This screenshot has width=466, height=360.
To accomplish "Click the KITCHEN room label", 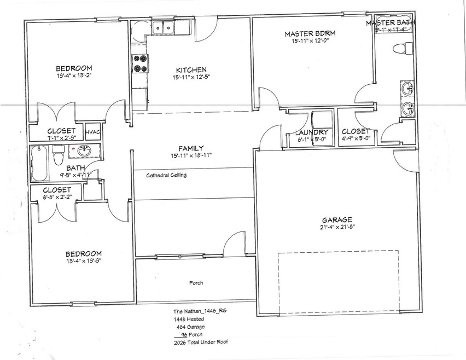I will (x=191, y=69).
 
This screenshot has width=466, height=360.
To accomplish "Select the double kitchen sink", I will (x=162, y=27).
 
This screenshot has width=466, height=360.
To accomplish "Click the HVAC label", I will (x=92, y=131).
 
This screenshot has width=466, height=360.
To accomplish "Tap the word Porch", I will (x=196, y=283).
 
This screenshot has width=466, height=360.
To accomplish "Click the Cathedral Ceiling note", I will (x=166, y=175).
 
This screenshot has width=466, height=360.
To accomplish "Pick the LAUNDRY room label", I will (x=312, y=132).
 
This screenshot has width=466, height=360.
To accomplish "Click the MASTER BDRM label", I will (x=310, y=34).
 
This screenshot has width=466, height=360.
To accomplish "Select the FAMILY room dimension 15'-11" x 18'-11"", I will (x=191, y=155).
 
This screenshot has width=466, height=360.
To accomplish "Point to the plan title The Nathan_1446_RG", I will (x=196, y=310).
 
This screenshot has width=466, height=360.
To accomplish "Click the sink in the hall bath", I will (x=84, y=151).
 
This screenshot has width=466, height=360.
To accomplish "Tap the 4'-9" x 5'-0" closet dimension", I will (x=356, y=138).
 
